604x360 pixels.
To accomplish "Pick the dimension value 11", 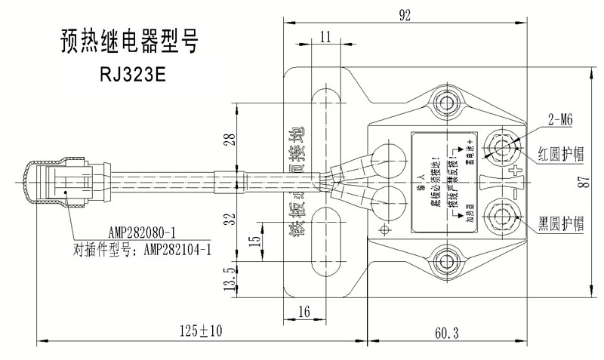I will click(326, 37).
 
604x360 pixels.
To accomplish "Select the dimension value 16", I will click(305, 310).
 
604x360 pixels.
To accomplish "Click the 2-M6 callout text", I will click(559, 118).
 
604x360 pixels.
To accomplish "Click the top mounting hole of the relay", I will click(446, 103).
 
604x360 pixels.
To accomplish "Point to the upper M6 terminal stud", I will click(499, 144).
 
